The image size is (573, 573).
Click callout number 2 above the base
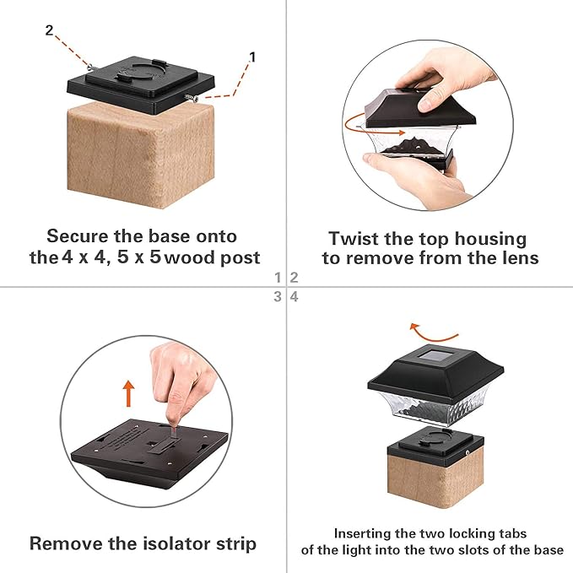[x=49, y=30]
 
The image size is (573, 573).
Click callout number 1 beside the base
[x=252, y=57]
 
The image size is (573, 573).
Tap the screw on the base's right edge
[x=191, y=98]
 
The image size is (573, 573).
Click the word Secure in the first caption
[x=78, y=236]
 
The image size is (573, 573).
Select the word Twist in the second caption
[x=354, y=238]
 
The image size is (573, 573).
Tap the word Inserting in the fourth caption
[x=362, y=534]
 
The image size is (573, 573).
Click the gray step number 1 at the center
[x=278, y=278]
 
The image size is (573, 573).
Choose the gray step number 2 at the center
[x=295, y=278]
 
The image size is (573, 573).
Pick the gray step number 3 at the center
[x=278, y=296]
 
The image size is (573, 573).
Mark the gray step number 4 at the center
[x=295, y=296]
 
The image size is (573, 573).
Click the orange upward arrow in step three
[x=128, y=393]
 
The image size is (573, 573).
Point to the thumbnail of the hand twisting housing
[x=428, y=125]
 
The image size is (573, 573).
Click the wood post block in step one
[x=141, y=155]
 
